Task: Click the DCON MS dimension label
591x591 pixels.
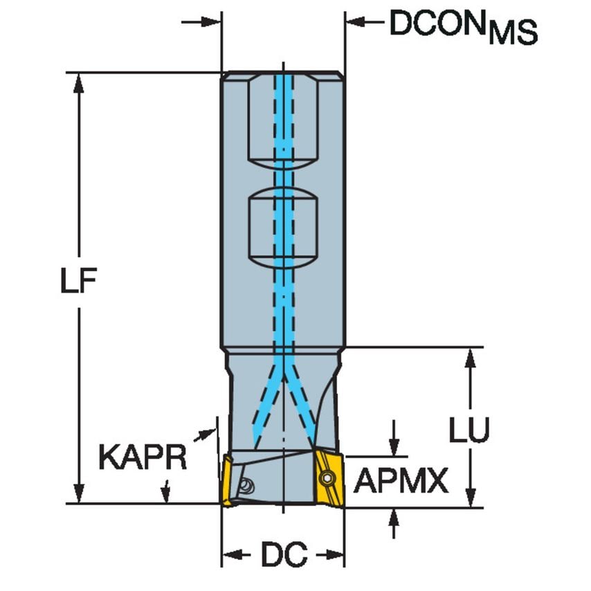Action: [x=462, y=26]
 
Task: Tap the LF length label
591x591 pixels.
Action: [x=77, y=284]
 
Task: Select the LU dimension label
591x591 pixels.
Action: [x=469, y=429]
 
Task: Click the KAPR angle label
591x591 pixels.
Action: [x=143, y=457]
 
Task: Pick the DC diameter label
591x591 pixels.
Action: [x=283, y=554]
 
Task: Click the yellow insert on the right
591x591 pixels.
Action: [x=329, y=478]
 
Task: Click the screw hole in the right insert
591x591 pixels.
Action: [x=327, y=477]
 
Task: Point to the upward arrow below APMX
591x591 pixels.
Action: [x=394, y=516]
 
